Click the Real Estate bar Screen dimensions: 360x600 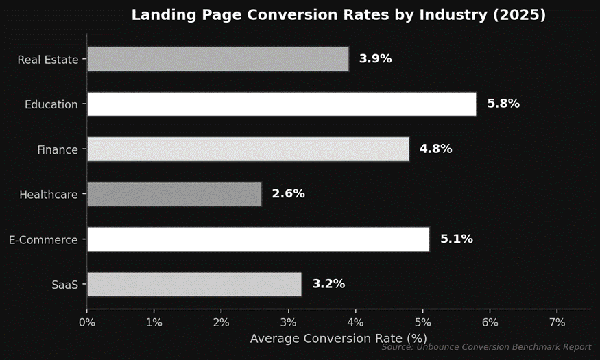pos(218,59)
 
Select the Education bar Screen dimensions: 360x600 pos(282,104)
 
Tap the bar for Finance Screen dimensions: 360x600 pos(248,149)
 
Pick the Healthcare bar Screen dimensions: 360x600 pos(174,194)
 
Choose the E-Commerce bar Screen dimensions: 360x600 pos(259,239)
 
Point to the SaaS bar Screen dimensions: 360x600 pos(194,284)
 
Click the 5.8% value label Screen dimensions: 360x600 pos(503,104)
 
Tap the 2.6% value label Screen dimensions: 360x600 pos(288,194)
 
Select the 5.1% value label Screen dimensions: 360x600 pos(456,239)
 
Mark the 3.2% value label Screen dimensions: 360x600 pos(328,284)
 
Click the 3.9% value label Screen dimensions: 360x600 pos(375,59)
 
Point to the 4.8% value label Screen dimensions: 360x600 pos(435,149)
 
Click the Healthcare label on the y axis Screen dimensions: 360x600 pos(49,195)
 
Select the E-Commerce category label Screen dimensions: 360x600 pos(43,240)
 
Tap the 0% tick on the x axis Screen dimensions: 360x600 pos(87,322)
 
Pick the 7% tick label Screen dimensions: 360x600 pos(557,322)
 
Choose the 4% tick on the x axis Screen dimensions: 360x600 pos(356,322)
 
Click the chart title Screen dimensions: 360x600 pos(339,15)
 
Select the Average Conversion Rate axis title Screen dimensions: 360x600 pos(338,338)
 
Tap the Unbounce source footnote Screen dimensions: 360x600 pos(486,348)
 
